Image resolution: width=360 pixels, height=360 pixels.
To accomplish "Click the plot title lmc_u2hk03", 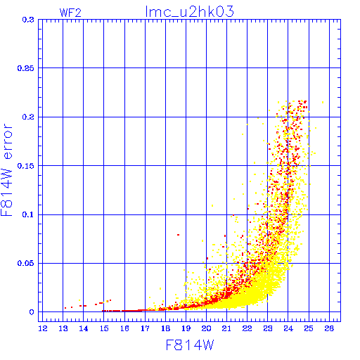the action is pyautogui.click(x=189, y=12).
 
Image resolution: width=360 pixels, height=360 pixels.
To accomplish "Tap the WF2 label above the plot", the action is pyautogui.click(x=70, y=13).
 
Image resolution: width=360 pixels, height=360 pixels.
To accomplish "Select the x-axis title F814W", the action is pyautogui.click(x=190, y=345).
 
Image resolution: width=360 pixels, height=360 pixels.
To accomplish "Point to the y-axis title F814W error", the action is pyautogui.click(x=6, y=170).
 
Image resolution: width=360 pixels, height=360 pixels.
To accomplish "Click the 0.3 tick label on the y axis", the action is pyautogui.click(x=28, y=20).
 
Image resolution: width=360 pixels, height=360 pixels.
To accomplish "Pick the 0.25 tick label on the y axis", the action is pyautogui.click(x=26, y=68).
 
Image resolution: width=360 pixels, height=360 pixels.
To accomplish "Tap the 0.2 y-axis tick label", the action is pyautogui.click(x=28, y=117).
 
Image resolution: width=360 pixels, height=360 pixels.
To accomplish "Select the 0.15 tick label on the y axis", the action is pyautogui.click(x=26, y=166).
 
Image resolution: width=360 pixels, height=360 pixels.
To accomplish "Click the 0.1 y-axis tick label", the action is pyautogui.click(x=28, y=214).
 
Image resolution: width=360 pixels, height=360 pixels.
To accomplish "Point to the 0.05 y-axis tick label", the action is pyautogui.click(x=26, y=263).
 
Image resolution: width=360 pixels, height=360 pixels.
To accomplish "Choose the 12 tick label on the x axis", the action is pyautogui.click(x=43, y=328).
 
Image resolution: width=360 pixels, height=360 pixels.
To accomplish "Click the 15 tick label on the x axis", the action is pyautogui.click(x=104, y=328).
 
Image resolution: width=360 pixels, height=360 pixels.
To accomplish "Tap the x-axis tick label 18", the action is pyautogui.click(x=165, y=328).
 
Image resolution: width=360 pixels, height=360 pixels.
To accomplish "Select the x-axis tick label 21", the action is pyautogui.click(x=226, y=328).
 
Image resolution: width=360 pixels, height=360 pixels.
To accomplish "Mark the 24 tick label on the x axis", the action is pyautogui.click(x=288, y=328).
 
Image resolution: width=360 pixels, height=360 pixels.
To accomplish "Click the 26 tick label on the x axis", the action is pyautogui.click(x=329, y=328).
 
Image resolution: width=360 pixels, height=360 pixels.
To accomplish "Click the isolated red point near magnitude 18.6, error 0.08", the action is pyautogui.click(x=178, y=235).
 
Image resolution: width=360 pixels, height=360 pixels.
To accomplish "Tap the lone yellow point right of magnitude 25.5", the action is pyautogui.click(x=323, y=102).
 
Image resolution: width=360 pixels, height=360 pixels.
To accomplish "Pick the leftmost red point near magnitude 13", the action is pyautogui.click(x=65, y=308).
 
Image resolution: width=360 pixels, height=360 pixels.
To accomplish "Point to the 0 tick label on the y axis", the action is pyautogui.click(x=32, y=312).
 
